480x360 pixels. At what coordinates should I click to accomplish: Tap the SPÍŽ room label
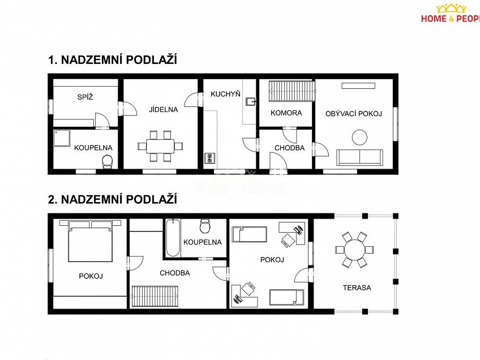click(85, 97)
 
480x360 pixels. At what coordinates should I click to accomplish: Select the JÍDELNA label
click(164, 109)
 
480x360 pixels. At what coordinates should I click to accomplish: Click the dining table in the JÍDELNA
click(161, 145)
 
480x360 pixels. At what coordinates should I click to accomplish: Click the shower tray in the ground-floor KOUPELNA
click(61, 139)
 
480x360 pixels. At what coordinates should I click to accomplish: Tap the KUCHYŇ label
click(225, 93)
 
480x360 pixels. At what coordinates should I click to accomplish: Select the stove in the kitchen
click(209, 158)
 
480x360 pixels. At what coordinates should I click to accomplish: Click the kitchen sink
click(250, 102)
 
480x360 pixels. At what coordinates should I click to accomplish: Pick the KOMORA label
click(286, 113)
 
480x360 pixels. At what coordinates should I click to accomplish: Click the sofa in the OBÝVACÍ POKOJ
click(359, 157)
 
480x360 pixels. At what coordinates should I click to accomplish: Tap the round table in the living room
click(359, 137)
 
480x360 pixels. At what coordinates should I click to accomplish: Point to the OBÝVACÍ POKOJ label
click(353, 114)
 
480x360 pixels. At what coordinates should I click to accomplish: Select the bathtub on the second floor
click(173, 238)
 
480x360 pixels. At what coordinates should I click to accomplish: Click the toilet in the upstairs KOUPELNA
click(205, 226)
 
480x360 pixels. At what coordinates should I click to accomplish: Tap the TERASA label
click(357, 288)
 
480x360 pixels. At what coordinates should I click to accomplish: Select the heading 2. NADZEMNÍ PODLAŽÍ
click(113, 199)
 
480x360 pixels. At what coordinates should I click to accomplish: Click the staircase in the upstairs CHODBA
click(155, 296)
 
